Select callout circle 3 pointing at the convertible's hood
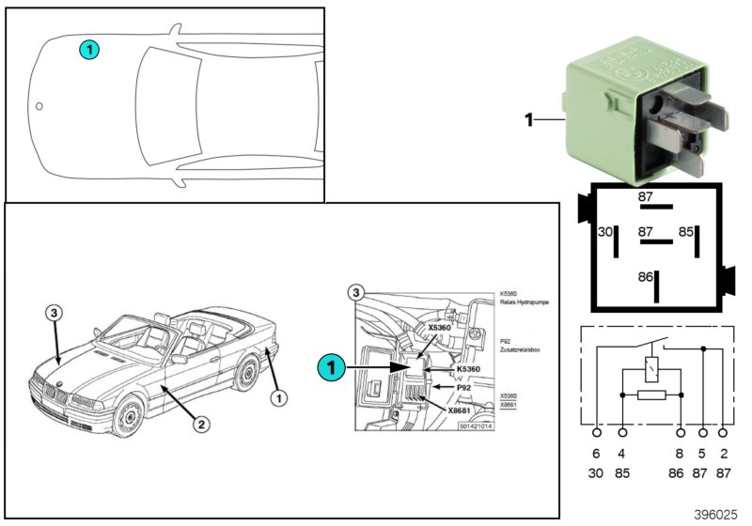(55, 312)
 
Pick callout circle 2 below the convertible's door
(200, 424)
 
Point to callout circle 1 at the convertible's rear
(278, 398)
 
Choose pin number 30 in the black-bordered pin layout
(605, 232)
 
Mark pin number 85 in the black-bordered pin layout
(687, 231)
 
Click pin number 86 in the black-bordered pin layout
(645, 278)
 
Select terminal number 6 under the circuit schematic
(597, 454)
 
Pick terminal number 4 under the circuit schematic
(623, 454)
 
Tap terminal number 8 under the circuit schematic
(680, 454)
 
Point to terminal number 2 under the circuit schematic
(723, 454)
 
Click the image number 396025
(716, 514)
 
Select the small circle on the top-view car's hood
(39, 106)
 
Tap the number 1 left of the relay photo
(528, 120)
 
